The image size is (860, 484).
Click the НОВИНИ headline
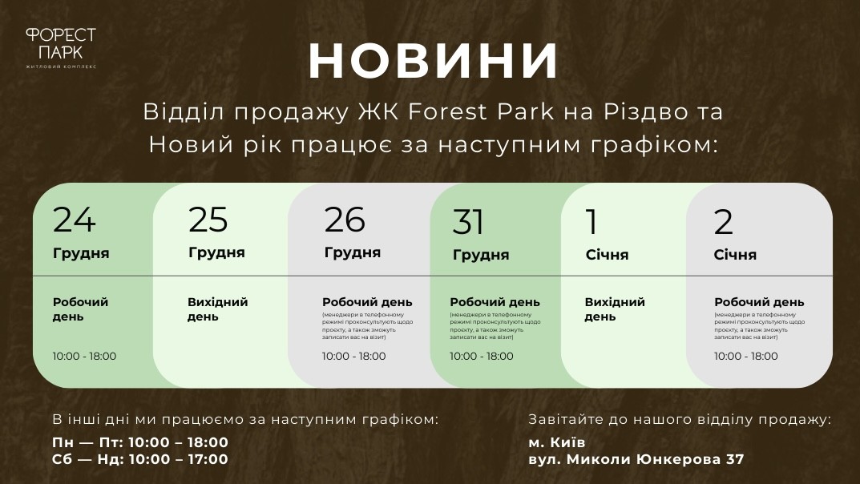[433, 61]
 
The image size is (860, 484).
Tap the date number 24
[75, 220]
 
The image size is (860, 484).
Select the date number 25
[208, 220]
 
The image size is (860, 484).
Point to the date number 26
[345, 220]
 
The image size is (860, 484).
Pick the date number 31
[469, 222]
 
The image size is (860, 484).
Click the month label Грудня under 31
[481, 255]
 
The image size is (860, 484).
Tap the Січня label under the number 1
[607, 255]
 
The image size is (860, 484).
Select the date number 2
[724, 222]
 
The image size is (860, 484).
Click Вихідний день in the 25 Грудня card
[218, 309]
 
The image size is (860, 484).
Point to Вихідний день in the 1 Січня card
[615, 309]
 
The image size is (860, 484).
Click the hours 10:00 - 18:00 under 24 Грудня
[84, 356]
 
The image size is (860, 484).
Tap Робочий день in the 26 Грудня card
[367, 302]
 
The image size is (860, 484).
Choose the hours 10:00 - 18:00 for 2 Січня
[745, 356]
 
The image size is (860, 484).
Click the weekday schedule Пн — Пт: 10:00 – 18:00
[140, 442]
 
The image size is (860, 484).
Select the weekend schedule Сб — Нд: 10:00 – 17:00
[140, 459]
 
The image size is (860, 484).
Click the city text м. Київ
[557, 442]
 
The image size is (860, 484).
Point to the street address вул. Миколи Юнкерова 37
[636, 459]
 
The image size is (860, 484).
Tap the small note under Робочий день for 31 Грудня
[493, 326]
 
